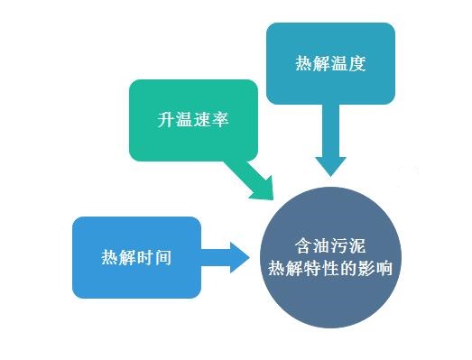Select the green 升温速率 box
click(x=192, y=120)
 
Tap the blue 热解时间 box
click(x=136, y=256)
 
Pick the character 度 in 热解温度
click(x=357, y=64)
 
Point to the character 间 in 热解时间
click(x=163, y=256)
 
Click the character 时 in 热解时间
click(x=145, y=256)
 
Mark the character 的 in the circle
click(x=347, y=268)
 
